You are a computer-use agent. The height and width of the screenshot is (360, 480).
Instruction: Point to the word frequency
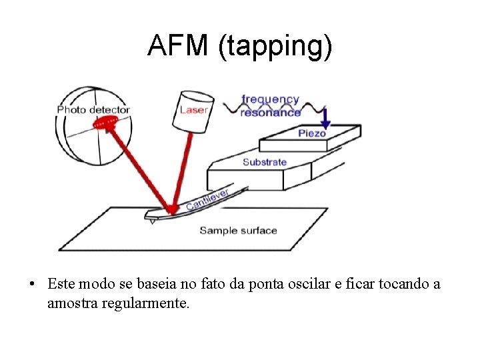270,99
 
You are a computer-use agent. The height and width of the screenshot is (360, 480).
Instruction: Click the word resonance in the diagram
271,113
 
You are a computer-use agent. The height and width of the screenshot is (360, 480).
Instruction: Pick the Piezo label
312,133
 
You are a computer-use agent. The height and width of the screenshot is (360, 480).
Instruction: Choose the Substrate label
265,162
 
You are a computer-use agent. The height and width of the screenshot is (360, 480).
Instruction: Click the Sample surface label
238,231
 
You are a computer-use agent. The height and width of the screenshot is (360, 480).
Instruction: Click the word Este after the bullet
60,285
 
